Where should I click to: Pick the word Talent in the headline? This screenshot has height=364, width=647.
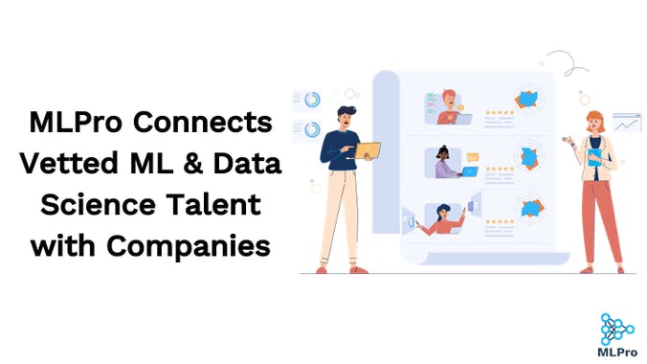222,204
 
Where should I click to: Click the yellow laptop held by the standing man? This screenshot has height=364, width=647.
368,149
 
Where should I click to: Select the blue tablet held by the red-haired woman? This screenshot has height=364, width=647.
594,156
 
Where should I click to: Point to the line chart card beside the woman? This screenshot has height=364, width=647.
627,123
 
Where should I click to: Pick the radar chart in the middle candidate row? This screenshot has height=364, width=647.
528,154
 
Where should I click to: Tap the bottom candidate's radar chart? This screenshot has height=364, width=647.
528,208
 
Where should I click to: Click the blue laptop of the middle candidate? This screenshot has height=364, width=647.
469,171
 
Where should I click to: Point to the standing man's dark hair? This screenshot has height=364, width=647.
346,111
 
